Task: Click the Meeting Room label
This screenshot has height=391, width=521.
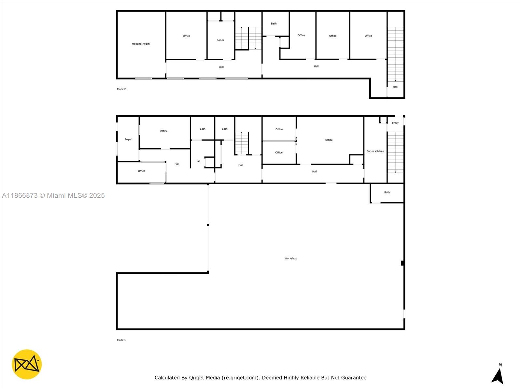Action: [x=141, y=44]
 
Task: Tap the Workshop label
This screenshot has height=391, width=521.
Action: [x=290, y=258]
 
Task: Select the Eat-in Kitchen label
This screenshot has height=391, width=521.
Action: [x=375, y=151]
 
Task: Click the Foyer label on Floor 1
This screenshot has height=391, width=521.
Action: [x=128, y=139]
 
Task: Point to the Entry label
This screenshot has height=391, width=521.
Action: [x=395, y=123]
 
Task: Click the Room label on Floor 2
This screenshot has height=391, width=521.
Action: [x=220, y=40]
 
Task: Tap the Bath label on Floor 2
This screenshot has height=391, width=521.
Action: [x=274, y=23]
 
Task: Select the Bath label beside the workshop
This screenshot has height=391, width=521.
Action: [x=387, y=192]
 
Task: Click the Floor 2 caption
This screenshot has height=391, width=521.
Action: [x=121, y=89]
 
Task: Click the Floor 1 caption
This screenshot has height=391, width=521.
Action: [x=121, y=340]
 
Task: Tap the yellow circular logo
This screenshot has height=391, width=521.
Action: [x=27, y=364]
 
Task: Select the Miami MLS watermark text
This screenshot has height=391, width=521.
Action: [x=53, y=195]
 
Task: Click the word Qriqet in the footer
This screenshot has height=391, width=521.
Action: [x=196, y=378]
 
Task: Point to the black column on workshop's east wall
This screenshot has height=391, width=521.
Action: [x=402, y=263]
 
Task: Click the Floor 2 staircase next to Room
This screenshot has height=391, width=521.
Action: [x=248, y=38]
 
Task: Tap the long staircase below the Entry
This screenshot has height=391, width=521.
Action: [x=395, y=152]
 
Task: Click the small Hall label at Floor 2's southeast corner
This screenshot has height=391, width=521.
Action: [x=395, y=87]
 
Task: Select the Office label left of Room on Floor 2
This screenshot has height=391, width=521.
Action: [x=186, y=36]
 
